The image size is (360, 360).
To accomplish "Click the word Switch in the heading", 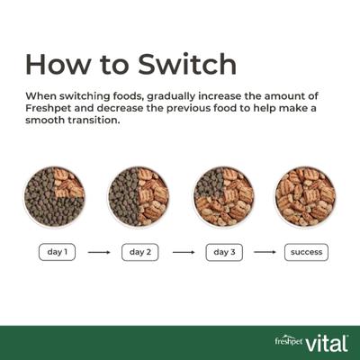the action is coord(187,64).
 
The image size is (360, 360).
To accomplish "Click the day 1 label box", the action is coord(57,252).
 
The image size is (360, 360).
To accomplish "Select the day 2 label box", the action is coord(140,252).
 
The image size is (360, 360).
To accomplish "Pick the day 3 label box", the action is coord(224,252).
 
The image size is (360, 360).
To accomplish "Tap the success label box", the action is coord(306,252).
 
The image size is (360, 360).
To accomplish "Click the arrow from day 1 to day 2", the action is coord(99,252).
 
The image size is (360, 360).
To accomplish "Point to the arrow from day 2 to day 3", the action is coord(184,252).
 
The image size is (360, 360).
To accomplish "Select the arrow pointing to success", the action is coord(265,252).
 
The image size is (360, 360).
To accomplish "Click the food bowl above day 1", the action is coord(54,197).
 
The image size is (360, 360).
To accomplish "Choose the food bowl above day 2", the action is coord(139,197).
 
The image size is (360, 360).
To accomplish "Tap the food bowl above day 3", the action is coord(223,197).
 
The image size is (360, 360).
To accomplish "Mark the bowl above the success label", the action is coord(305,197).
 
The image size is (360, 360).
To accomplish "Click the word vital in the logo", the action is coord(327,344).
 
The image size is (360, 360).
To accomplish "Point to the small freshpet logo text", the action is coord(289,342).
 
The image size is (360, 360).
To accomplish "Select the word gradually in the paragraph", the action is coord(171,96).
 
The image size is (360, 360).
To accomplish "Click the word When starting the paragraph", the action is coord(40,96).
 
